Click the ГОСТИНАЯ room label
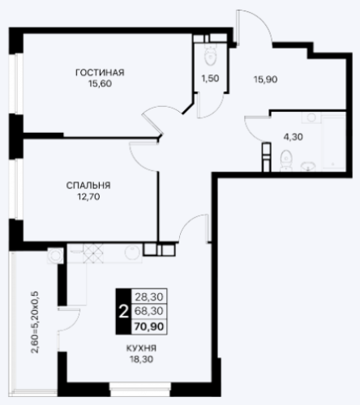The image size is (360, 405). (100, 73)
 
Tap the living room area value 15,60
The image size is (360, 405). (100, 83)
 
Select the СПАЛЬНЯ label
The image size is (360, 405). (88, 185)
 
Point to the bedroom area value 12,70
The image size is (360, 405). (88, 197)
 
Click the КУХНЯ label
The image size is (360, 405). (141, 348)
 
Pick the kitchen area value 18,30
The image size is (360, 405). (141, 360)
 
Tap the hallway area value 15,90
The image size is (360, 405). (265, 79)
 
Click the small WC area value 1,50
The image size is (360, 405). (210, 79)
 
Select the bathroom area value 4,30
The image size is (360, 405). (293, 137)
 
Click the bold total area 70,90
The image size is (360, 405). (149, 326)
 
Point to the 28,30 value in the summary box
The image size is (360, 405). (149, 297)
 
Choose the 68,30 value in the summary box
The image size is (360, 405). (149, 311)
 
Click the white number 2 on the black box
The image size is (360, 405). (123, 312)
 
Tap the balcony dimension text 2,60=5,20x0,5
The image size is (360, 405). (36, 322)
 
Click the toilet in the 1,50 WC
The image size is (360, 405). (211, 55)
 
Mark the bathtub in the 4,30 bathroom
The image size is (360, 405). (333, 143)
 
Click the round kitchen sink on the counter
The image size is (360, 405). (132, 253)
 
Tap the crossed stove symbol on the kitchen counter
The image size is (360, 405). (93, 254)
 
